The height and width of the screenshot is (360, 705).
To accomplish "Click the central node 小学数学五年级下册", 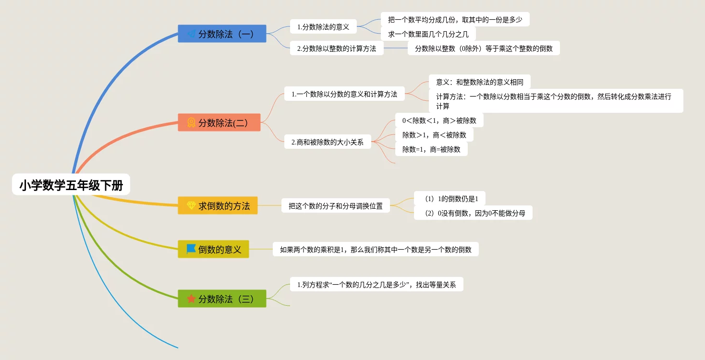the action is tap(71, 185).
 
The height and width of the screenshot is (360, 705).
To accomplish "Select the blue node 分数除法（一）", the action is tap(222, 34).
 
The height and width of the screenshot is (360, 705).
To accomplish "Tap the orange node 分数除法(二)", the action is tap(219, 122).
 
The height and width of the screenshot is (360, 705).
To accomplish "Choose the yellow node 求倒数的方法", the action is tap(218, 205).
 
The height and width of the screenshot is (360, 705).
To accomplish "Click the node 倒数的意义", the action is tap(213, 249).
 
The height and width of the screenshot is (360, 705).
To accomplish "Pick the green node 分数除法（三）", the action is tap(222, 299).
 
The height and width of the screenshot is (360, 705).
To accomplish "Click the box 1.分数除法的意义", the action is tap(323, 27).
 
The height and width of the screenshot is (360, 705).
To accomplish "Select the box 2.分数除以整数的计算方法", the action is tap(337, 48).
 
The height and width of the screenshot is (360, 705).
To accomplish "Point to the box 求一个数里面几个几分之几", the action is tap(428, 34).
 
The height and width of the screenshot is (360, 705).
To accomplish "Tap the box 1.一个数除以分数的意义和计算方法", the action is tap(344, 94).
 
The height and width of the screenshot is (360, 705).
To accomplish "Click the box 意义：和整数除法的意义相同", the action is tap(479, 82).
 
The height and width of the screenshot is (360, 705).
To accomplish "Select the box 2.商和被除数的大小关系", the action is tap(328, 142).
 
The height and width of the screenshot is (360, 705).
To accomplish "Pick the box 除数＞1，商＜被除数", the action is tap(434, 135).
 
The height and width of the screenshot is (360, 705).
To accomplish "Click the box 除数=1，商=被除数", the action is tap(431, 149).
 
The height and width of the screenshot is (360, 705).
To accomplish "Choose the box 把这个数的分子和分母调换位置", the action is tap(336, 206).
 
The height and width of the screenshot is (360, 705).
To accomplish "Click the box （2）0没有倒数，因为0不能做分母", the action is tap(473, 213).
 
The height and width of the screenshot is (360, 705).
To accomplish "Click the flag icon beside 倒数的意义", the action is tap(191, 249).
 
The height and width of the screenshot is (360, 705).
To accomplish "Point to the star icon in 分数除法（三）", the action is tap(191, 299).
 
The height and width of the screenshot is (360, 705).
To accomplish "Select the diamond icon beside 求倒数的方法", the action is tap(191, 205).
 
